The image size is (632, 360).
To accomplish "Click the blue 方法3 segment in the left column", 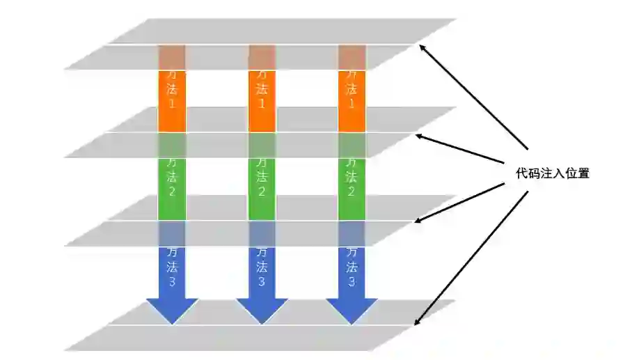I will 171,268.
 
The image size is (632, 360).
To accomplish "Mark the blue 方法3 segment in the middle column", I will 262,268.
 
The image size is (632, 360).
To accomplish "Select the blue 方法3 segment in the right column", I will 351,268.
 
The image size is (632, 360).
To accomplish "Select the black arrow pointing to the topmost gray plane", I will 473,97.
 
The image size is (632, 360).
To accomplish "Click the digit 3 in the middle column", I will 262,282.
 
